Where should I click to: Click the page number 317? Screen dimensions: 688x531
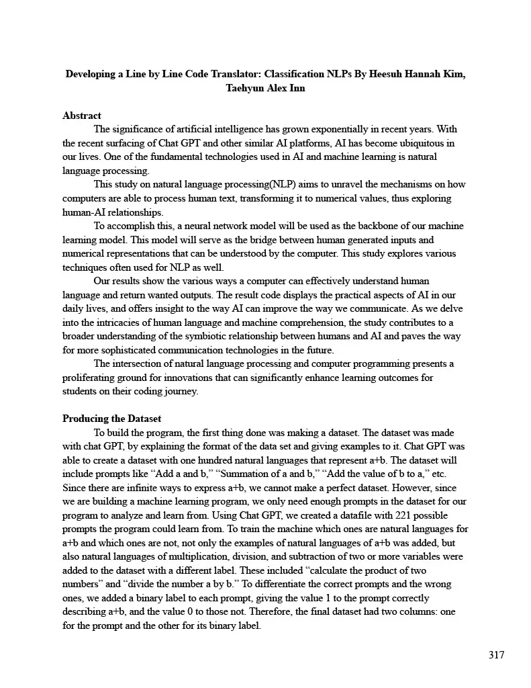[x=496, y=655]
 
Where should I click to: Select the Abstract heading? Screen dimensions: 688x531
[x=81, y=116]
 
